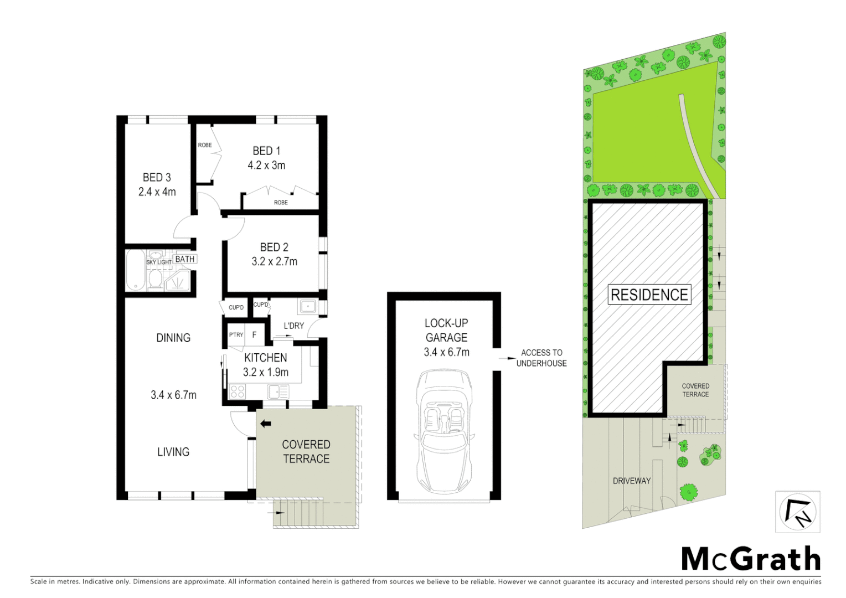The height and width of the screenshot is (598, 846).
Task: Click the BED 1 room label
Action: point(266,151)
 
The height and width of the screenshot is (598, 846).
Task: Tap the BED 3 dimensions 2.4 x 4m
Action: point(157,192)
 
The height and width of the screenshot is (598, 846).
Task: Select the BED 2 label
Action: point(274,247)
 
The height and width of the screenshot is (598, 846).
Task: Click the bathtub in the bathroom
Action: point(135,270)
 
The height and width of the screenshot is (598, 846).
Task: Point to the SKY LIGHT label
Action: point(159,262)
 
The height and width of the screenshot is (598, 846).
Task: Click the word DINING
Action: point(173,338)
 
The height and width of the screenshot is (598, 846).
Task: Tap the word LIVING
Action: point(173,452)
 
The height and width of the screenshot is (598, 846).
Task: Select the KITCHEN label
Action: point(266,358)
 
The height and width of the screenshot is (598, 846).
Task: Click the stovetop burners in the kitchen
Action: point(237,391)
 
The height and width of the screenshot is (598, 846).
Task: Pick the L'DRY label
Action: point(293,326)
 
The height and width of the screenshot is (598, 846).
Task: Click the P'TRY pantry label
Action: point(236,334)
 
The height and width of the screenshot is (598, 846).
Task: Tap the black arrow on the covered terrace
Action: point(266,424)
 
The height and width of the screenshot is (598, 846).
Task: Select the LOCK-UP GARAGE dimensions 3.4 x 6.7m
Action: point(446,352)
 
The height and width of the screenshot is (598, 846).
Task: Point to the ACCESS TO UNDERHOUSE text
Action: point(541,358)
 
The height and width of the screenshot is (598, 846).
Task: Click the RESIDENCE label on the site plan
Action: point(649,295)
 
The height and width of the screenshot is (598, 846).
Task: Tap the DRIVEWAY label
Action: point(632,481)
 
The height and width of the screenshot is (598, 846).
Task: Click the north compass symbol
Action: point(797,512)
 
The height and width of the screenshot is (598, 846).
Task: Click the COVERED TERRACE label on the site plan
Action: point(695,390)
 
